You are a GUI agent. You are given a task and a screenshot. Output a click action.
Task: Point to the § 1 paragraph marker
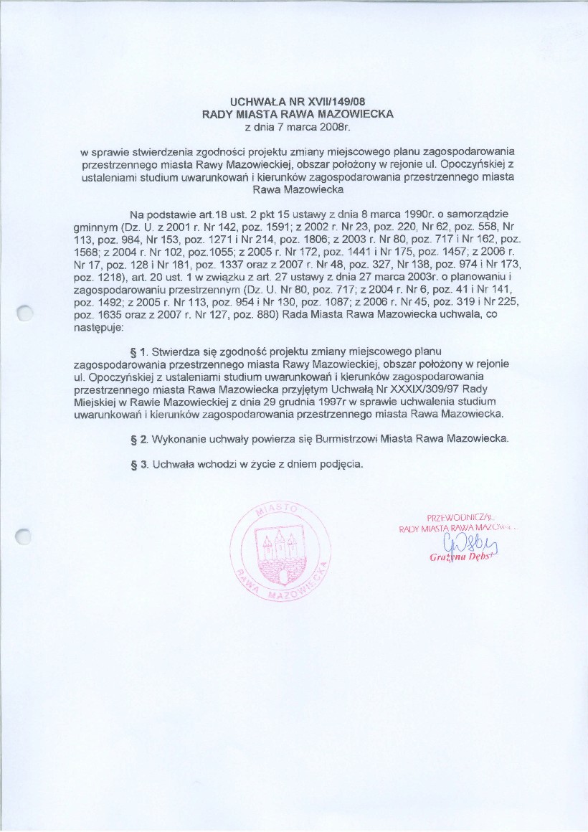click(x=140, y=351)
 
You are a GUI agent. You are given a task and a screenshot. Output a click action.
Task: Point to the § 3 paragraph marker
click(x=140, y=463)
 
